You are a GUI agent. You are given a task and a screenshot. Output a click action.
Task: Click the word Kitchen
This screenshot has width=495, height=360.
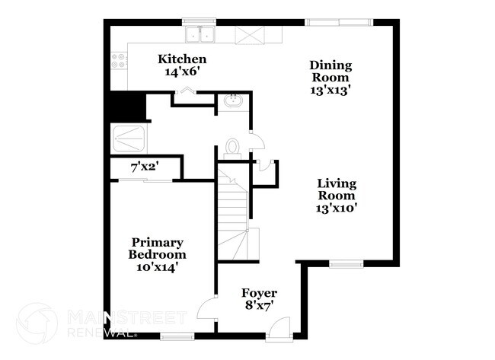[x=182, y=59]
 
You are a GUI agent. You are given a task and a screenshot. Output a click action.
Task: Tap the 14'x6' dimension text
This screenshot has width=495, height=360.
[x=182, y=72]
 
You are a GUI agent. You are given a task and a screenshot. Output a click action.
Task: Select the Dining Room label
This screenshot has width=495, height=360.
[x=330, y=71]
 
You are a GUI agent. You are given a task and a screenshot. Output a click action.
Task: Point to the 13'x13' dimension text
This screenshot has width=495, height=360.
[x=330, y=89]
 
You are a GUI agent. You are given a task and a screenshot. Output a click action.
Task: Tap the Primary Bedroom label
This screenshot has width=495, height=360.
[x=158, y=248]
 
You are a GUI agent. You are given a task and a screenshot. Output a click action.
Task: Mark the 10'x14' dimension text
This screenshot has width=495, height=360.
[x=158, y=267]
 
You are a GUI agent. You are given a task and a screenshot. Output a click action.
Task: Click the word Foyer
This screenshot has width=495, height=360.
[x=259, y=293]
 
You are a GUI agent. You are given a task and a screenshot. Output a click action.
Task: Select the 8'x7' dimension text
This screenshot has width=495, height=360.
[x=259, y=305]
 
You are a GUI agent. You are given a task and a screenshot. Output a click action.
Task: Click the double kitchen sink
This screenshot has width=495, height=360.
[x=200, y=34]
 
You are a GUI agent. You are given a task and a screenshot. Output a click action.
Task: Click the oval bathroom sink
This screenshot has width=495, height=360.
[x=231, y=102]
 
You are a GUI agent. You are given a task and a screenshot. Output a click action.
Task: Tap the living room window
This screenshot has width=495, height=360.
[x=345, y=265]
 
